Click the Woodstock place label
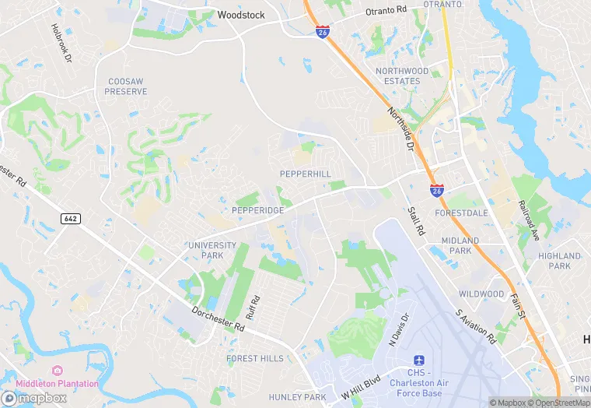pos(241,15)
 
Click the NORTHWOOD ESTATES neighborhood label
pos(402,76)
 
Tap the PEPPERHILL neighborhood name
pos(305,174)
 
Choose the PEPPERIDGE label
pos(257,210)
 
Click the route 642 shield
pos(70,219)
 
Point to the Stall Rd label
pos(416,221)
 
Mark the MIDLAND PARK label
pos(460,245)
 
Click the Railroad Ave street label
pos(529,220)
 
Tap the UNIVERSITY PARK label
pos(212,250)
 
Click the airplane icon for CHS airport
pos(419,361)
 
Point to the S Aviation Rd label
pos(476,327)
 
